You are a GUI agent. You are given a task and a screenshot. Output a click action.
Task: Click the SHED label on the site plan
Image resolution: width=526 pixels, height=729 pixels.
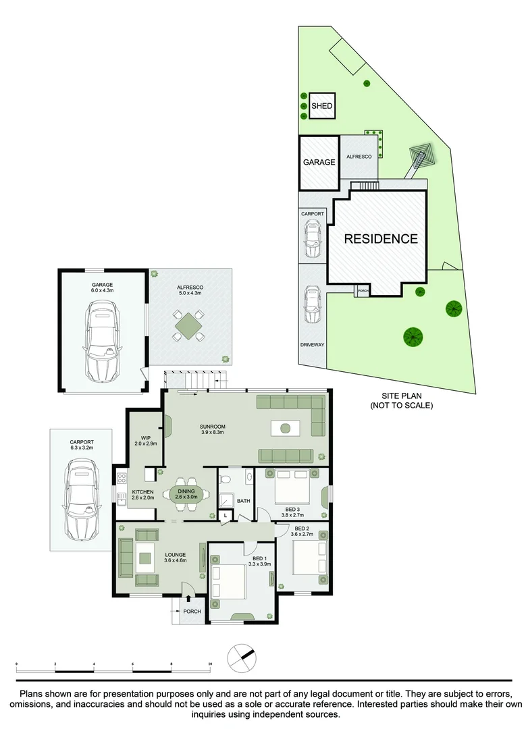click(322, 105)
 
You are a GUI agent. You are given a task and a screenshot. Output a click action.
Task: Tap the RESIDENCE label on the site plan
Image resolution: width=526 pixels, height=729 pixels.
click(381, 238)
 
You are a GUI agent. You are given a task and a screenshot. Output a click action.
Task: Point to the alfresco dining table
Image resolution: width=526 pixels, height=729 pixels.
click(188, 325)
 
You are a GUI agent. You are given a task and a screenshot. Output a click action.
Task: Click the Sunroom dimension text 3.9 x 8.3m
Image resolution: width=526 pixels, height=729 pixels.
click(213, 432)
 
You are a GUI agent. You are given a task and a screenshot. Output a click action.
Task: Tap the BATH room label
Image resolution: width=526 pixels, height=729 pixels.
click(243, 501)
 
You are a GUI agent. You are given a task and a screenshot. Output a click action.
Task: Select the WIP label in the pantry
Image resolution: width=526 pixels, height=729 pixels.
click(146, 437)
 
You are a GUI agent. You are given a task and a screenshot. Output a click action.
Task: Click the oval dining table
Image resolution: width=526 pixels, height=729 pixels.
click(186, 493)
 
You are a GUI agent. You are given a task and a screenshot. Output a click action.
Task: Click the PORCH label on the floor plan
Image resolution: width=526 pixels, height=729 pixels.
click(192, 612)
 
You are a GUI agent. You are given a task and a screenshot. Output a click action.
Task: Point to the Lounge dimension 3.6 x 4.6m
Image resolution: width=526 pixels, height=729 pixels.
click(176, 560)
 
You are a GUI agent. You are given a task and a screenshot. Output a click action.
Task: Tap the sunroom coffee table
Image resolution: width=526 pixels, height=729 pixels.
click(286, 428)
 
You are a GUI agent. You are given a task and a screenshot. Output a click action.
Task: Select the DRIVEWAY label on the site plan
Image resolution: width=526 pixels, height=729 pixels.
click(313, 344)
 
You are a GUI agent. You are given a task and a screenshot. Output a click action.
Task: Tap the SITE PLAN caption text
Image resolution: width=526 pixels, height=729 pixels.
click(402, 396)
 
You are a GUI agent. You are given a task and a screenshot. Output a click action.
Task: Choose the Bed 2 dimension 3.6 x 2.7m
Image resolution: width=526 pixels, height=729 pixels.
click(301, 534)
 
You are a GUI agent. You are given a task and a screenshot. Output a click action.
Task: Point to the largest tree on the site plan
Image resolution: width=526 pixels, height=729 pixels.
click(413, 337)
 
